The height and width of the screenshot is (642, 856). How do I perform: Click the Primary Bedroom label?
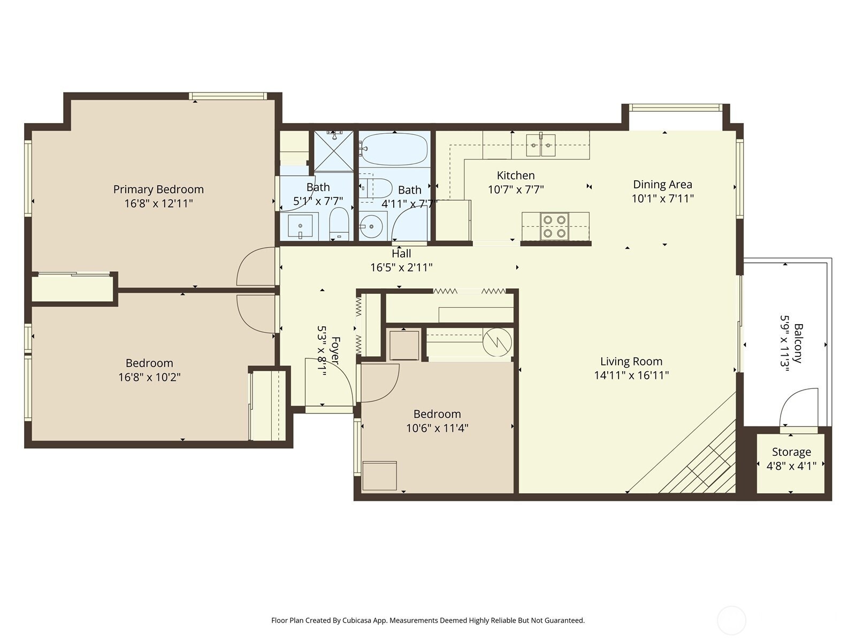(158, 189)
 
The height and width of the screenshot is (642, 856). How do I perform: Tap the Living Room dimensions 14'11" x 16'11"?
(631, 376)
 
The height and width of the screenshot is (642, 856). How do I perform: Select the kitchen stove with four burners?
(555, 226)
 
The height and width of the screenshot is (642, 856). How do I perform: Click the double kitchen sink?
(540, 146)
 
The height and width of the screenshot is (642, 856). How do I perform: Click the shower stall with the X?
(334, 151)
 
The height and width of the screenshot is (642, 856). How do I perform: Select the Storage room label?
(791, 452)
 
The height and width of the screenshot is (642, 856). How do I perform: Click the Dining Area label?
(662, 185)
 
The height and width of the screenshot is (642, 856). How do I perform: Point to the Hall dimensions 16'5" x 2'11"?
(401, 268)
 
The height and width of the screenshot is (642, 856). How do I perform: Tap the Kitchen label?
(516, 175)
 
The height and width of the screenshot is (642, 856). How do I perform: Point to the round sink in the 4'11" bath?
(370, 226)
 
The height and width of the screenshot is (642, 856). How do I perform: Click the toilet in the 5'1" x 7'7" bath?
(339, 224)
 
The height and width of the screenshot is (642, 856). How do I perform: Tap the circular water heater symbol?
(497, 342)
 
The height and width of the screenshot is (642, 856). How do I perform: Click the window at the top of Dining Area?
(676, 108)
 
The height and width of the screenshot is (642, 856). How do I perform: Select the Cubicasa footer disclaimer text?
(428, 620)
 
